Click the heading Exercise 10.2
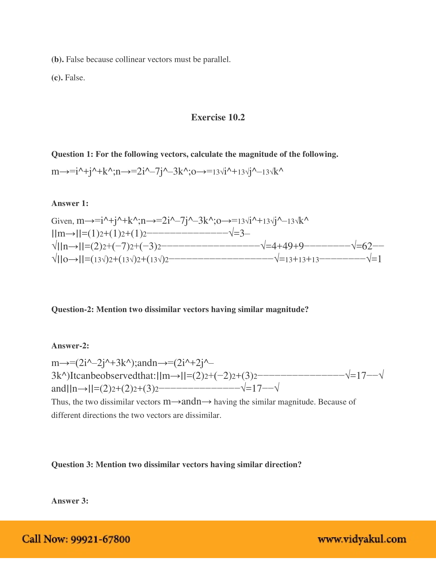coord(218,117)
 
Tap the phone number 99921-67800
coord(100,539)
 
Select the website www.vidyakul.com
coord(362,539)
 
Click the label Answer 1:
coord(70,203)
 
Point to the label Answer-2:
coord(70,346)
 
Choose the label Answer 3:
coord(70,501)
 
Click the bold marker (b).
coord(57,60)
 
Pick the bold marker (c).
coord(57,78)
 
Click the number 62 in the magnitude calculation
coord(367,246)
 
